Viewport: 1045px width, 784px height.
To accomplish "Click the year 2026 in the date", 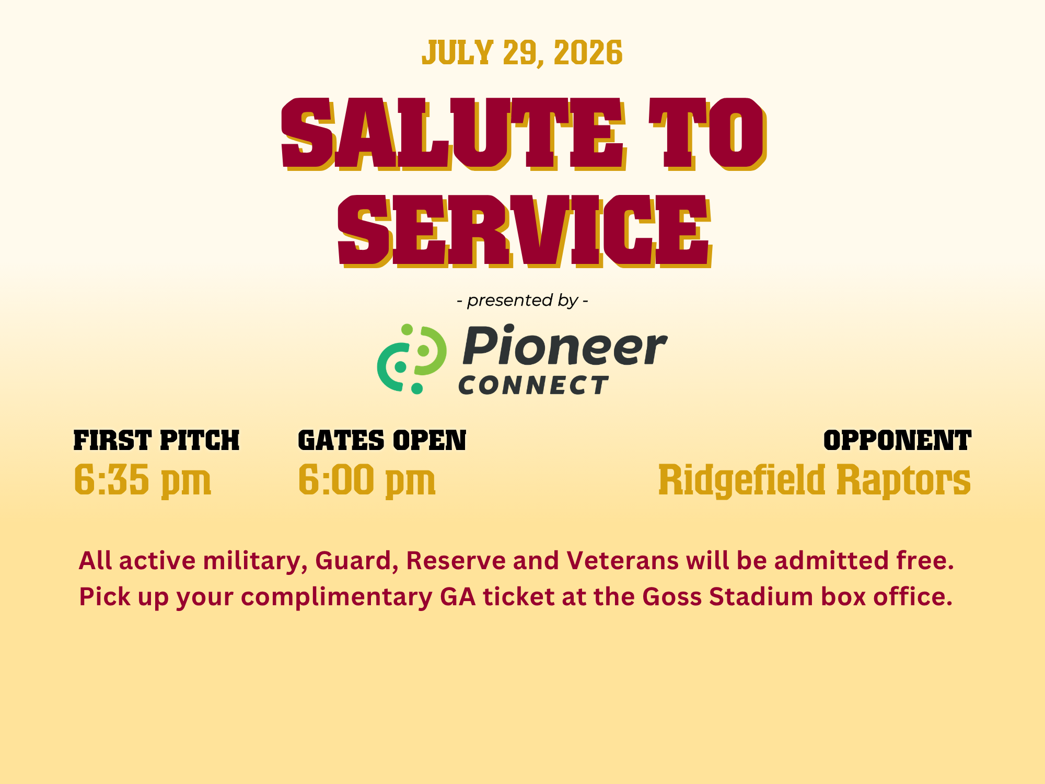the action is point(588,53).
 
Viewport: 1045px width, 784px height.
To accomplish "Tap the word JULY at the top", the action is point(457,53).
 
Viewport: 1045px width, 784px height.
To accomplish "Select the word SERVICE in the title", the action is point(524,231).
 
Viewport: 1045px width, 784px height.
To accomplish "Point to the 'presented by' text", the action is point(522,301).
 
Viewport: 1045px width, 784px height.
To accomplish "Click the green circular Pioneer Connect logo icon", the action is point(412,359).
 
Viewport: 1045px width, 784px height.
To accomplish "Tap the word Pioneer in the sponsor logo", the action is point(565,346).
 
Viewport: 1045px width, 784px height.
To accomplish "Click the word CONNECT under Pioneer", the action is point(533,385).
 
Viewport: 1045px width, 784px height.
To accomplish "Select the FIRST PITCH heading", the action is point(156,440).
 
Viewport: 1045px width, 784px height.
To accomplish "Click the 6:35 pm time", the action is point(142,480).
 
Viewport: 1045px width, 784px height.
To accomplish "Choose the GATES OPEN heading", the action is point(382,440).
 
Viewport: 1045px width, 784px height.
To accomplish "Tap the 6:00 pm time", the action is point(367,480).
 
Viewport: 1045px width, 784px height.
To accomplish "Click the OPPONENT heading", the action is point(897,440).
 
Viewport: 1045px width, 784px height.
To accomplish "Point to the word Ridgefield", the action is point(741,480).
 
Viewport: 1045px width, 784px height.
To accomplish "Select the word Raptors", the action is point(904,480).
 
